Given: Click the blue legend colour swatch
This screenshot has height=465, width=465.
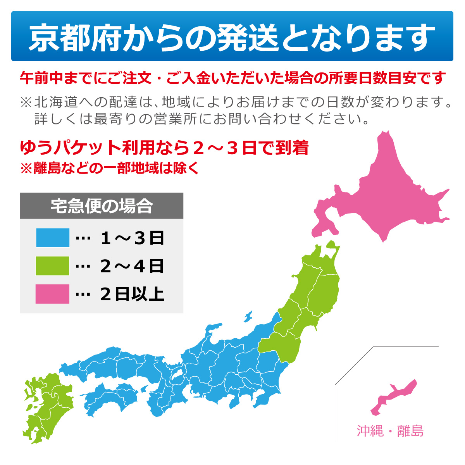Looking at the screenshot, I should point(52,238).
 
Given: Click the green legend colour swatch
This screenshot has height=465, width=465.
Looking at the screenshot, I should point(52,266).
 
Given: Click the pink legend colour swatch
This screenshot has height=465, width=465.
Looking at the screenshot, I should point(52,294).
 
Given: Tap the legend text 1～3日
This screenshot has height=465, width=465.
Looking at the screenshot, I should point(132,238).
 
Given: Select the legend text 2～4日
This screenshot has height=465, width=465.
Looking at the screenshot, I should point(132,266).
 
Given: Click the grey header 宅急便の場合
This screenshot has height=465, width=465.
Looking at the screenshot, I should point(102,206).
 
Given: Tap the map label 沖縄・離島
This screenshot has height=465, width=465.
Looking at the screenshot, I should point(390,431).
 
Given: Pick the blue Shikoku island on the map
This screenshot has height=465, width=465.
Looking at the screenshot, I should point(112,399).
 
